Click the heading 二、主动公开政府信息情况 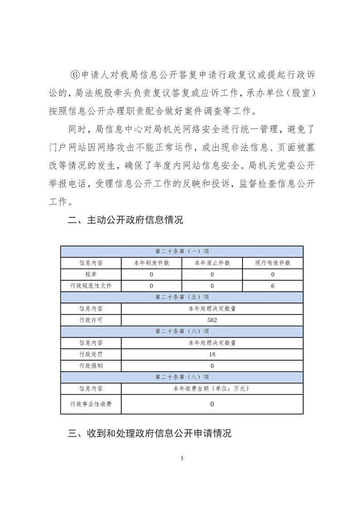pos(125,220)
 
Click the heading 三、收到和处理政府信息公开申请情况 pos(149,433)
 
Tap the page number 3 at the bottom pos(182,458)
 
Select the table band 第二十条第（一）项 pos(182,251)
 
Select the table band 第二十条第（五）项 pos(182,297)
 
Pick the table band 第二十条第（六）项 pos(182,331)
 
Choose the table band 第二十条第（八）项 pos(182,377)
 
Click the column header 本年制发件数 pos(151,263)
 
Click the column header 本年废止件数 pos(212,263)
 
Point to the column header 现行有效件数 pos(273,263)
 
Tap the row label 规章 pos(91,274)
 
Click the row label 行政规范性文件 pos(91,286)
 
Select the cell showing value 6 pos(273,286)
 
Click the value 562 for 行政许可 pos(212,320)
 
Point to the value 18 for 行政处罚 pos(212,354)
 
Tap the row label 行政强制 pos(91,366)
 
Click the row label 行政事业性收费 pos(91,404)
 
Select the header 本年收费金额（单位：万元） pos(212,388)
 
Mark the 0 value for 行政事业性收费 pos(212,404)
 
